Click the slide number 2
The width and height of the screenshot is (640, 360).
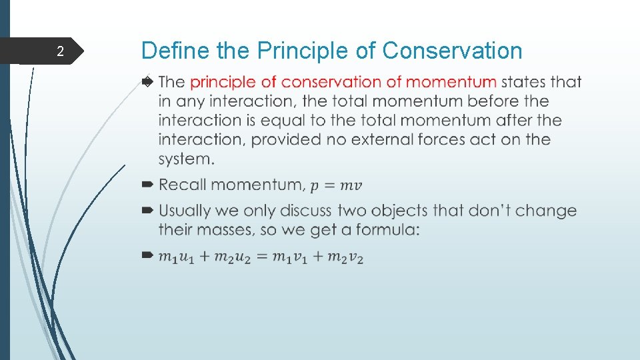point(60,52)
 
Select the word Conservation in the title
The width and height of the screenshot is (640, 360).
point(453,51)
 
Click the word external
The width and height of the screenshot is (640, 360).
point(426,139)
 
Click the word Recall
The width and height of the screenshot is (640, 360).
point(184,184)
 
